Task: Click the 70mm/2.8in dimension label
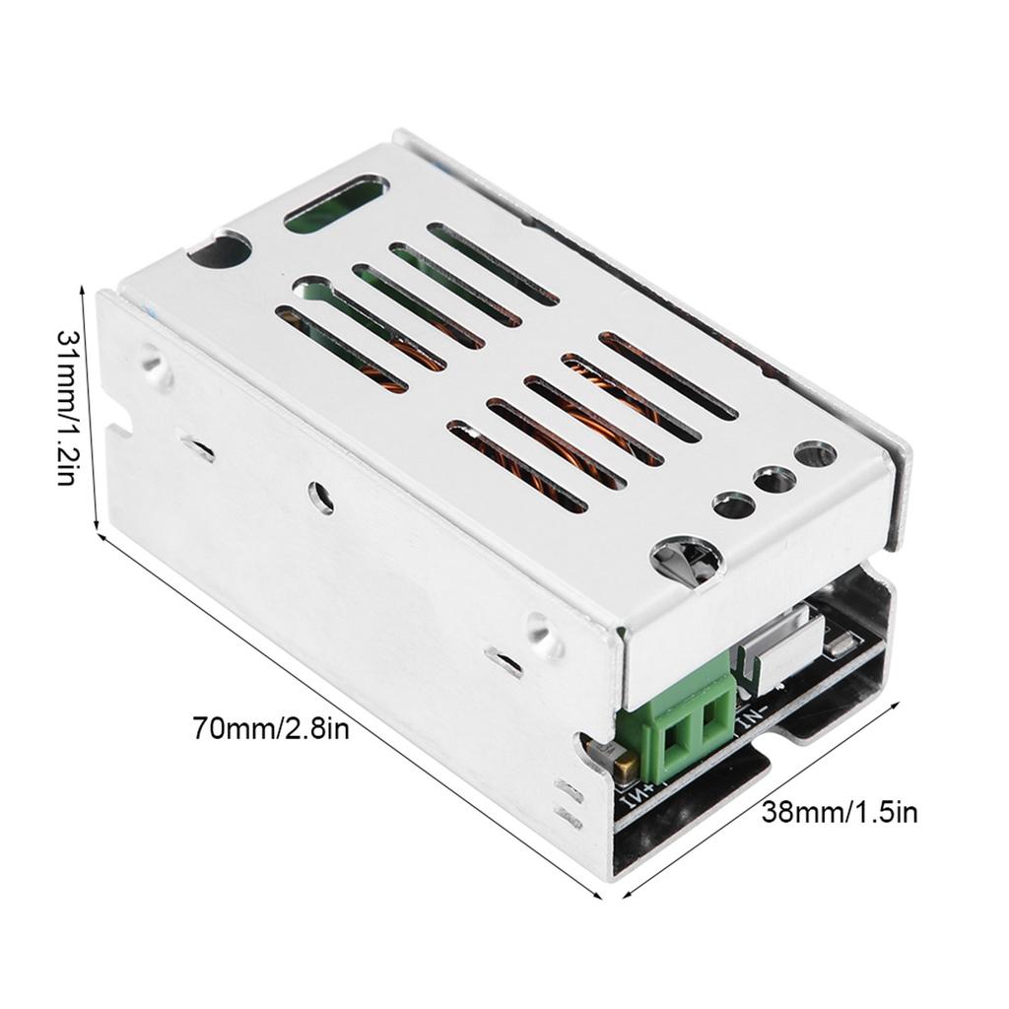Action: click(x=271, y=730)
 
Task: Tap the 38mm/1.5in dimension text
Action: click(x=840, y=813)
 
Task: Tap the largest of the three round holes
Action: click(x=815, y=454)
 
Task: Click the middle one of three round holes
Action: click(x=774, y=481)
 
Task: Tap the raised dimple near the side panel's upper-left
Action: click(x=154, y=361)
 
